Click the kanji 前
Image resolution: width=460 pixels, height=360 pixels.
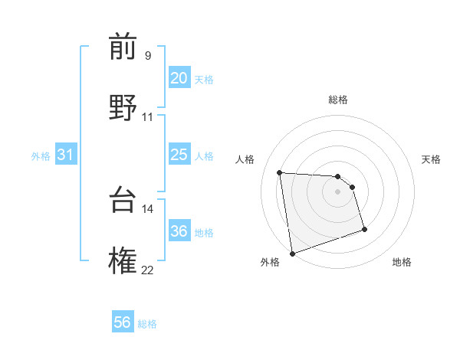(123, 47)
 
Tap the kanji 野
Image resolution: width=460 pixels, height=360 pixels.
(123, 106)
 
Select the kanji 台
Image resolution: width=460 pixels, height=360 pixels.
(123, 200)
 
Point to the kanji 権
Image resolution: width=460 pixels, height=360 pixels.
(123, 260)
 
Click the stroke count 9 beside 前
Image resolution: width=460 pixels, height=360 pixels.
(148, 56)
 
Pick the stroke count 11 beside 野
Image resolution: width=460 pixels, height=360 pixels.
(148, 117)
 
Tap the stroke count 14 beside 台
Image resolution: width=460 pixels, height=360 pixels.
(148, 208)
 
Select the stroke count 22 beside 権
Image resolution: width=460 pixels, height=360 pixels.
(148, 270)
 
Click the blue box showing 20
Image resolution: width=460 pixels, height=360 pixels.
(179, 78)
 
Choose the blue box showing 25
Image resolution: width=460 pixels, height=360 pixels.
(179, 155)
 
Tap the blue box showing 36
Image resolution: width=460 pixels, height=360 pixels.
(179, 231)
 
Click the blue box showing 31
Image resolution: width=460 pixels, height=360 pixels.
(66, 155)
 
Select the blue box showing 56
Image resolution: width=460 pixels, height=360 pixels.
(123, 322)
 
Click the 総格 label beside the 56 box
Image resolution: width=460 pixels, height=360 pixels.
(147, 324)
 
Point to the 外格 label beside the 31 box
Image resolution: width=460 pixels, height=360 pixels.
(41, 156)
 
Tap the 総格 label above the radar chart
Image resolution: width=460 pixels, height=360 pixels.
(338, 100)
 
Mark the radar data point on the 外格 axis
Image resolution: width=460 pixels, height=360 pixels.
(292, 253)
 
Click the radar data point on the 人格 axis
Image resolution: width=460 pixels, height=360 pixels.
(280, 172)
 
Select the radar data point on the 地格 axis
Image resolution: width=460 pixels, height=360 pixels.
(364, 229)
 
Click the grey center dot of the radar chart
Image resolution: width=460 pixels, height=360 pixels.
(338, 191)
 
